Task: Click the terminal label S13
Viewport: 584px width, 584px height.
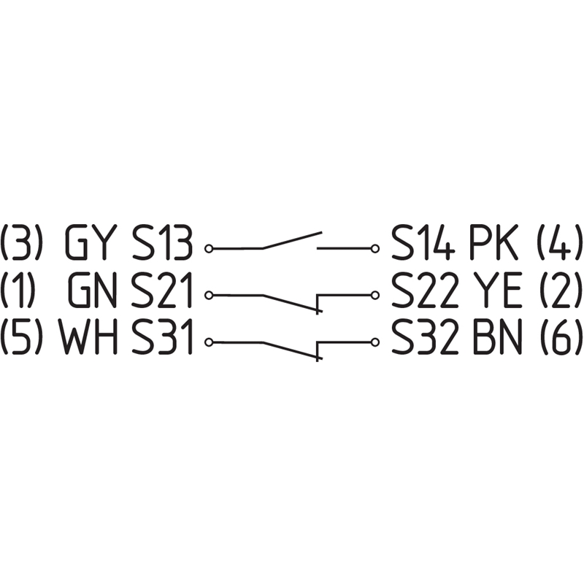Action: click(x=163, y=245)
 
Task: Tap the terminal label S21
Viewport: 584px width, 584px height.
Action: click(x=163, y=292)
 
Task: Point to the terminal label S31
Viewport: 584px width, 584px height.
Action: click(x=163, y=339)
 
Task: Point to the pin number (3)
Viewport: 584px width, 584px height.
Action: click(x=22, y=245)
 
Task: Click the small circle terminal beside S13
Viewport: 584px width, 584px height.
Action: click(x=210, y=249)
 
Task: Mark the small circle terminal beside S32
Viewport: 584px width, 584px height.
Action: click(x=375, y=342)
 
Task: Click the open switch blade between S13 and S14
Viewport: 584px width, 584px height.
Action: click(x=292, y=241)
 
